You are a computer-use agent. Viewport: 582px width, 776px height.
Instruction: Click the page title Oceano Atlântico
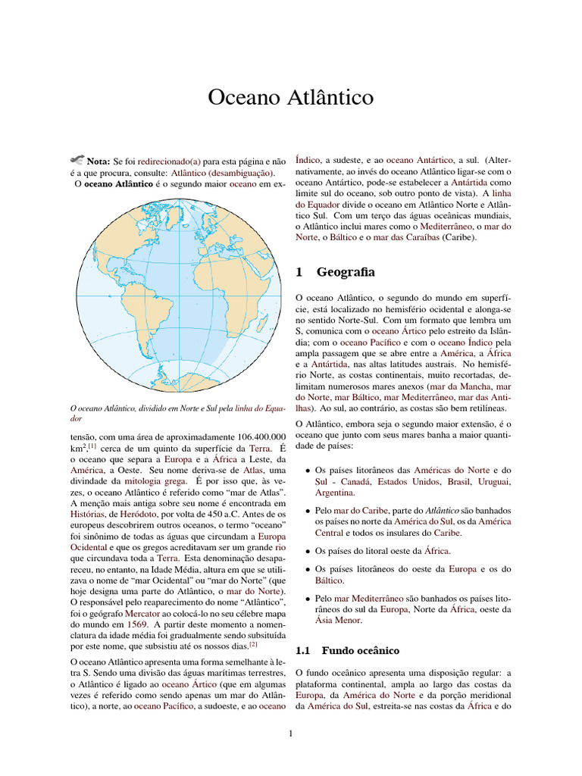290,99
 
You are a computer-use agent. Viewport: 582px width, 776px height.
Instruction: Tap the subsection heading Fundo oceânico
360,650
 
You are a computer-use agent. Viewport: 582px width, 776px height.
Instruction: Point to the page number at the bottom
291,733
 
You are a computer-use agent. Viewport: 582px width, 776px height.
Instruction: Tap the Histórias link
91,515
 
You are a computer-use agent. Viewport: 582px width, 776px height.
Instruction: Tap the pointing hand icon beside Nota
77,160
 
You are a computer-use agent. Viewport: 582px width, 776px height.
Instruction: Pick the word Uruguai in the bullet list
495,482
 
